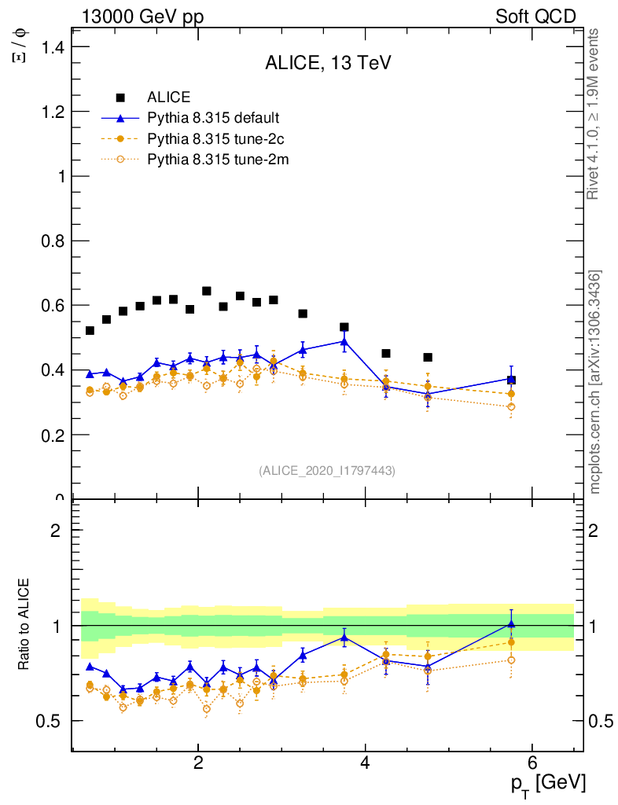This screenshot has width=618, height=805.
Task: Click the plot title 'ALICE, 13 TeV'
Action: (328, 64)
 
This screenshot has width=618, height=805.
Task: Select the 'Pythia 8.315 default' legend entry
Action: (213, 119)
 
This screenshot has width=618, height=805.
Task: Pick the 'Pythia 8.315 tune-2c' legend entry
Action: (214, 139)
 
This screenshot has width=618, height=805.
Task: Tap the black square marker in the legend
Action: (120, 97)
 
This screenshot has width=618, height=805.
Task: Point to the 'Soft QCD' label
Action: (535, 17)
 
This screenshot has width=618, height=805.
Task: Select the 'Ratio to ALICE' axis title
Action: (24, 625)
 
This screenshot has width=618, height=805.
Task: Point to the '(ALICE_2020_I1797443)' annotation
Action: (327, 470)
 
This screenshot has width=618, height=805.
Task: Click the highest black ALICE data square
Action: (207, 291)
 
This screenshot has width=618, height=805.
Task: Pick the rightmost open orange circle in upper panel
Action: (511, 406)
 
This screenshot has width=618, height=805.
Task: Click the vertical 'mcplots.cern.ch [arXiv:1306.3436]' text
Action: (595, 383)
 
